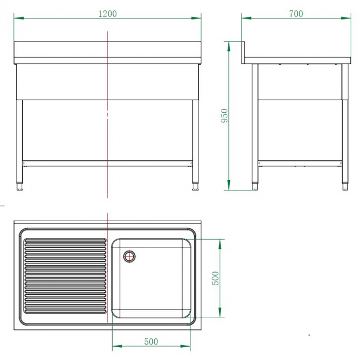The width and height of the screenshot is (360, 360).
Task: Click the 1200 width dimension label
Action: pos(107,14)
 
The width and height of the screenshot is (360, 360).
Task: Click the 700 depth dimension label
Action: pos(296,14)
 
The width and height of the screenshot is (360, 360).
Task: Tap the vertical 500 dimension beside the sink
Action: pos(216,278)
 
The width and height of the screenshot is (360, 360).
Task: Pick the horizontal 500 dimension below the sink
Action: pos(151,341)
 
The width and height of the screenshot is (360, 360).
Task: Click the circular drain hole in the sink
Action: pos(129,255)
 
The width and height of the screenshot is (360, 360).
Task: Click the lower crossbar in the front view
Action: pos(107,163)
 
